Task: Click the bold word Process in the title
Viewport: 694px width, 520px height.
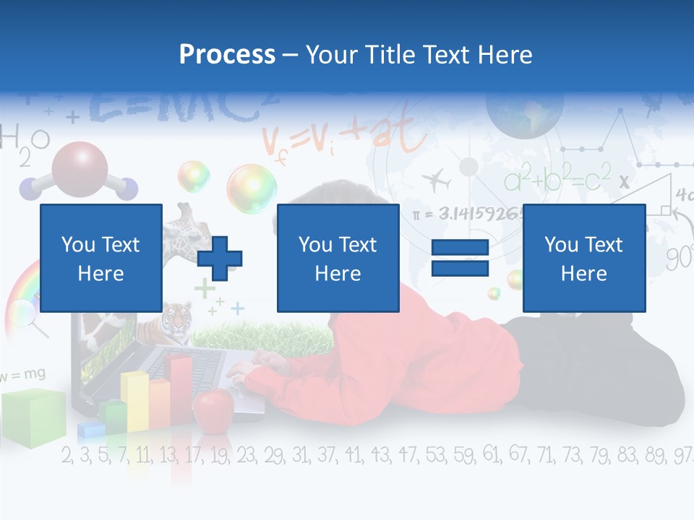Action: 227,54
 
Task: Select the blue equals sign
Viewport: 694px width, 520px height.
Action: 460,259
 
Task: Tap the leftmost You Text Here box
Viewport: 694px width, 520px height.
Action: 100,258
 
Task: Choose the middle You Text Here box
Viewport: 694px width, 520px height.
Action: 338,258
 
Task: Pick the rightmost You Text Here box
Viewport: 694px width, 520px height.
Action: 583,258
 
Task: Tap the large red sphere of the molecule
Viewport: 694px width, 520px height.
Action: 80,168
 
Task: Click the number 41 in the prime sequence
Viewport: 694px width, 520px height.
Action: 354,455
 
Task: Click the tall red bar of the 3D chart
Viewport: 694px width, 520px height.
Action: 179,390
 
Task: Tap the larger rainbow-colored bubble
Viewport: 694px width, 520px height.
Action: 251,188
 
